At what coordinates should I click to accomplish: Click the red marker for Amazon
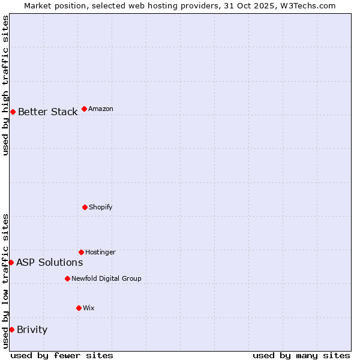pyautogui.click(x=84, y=109)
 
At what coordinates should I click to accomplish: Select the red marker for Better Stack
pyautogui.click(x=13, y=112)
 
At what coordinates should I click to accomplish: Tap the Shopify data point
pyautogui.click(x=85, y=207)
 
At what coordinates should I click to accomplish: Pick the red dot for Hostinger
pyautogui.click(x=81, y=252)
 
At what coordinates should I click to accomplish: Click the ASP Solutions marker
pyautogui.click(x=11, y=262)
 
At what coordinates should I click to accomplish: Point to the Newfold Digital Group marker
pyautogui.click(x=67, y=278)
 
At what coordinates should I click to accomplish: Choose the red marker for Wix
pyautogui.click(x=79, y=308)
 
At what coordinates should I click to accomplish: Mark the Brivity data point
pyautogui.click(x=11, y=329)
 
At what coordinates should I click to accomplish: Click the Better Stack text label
pyautogui.click(x=47, y=112)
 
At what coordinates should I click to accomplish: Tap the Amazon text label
pyautogui.click(x=101, y=109)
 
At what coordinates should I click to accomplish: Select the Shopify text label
pyautogui.click(x=101, y=208)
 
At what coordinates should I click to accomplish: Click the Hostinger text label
pyautogui.click(x=100, y=253)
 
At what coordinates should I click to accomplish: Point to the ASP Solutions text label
pyautogui.click(x=49, y=263)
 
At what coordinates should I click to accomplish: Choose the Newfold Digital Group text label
pyautogui.click(x=106, y=279)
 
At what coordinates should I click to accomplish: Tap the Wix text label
pyautogui.click(x=89, y=308)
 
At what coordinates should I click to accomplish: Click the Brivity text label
pyautogui.click(x=32, y=330)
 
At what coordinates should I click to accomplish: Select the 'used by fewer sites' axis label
pyautogui.click(x=62, y=355)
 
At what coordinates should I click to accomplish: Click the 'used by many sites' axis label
pyautogui.click(x=301, y=355)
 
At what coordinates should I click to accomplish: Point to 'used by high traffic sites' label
pyautogui.click(x=5, y=85)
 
